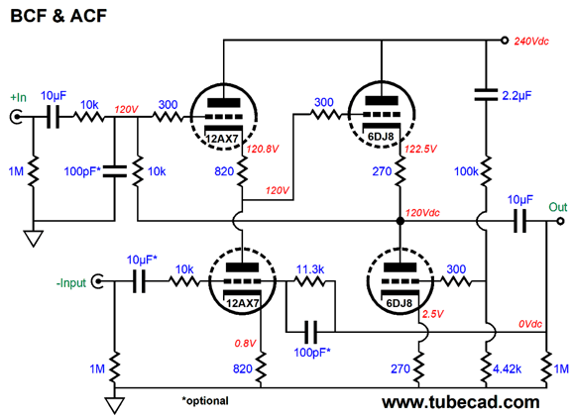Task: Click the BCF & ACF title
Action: pos(58,16)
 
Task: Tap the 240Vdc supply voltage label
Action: pos(531,42)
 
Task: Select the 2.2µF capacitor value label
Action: pos(516,96)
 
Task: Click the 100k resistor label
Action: pos(466,171)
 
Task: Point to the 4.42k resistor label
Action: pos(508,369)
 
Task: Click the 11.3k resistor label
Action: pos(310,269)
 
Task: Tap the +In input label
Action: pos(18,97)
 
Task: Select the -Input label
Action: pos(71,283)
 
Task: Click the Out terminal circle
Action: pos(560,221)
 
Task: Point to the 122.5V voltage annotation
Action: pos(421,149)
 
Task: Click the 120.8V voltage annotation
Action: pos(263,149)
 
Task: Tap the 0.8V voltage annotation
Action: pos(245,344)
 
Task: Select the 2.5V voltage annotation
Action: pos(432,314)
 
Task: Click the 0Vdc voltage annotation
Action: pos(530,324)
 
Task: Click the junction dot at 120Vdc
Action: pos(401,221)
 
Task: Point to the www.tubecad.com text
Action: pos(461,402)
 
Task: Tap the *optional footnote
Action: pos(205,401)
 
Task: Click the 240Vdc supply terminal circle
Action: pos(505,41)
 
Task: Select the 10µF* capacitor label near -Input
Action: pos(142,260)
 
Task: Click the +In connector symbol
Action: pos(16,117)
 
